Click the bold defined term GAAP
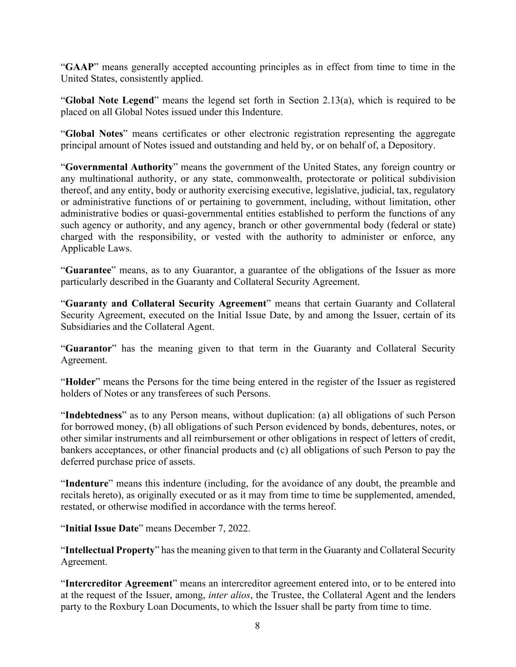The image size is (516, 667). click(x=79, y=67)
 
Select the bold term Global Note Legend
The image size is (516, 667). click(x=110, y=100)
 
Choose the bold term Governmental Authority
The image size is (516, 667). click(x=119, y=167)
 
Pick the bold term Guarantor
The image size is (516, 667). click(x=89, y=348)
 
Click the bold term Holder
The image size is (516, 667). click(x=80, y=382)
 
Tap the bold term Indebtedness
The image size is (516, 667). click(x=93, y=415)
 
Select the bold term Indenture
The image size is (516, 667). click(x=87, y=483)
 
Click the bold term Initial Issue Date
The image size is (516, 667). click(x=102, y=528)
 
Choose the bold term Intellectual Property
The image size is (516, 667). click(x=110, y=550)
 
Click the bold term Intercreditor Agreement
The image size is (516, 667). click(x=119, y=583)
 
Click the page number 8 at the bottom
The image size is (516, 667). click(x=257, y=626)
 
